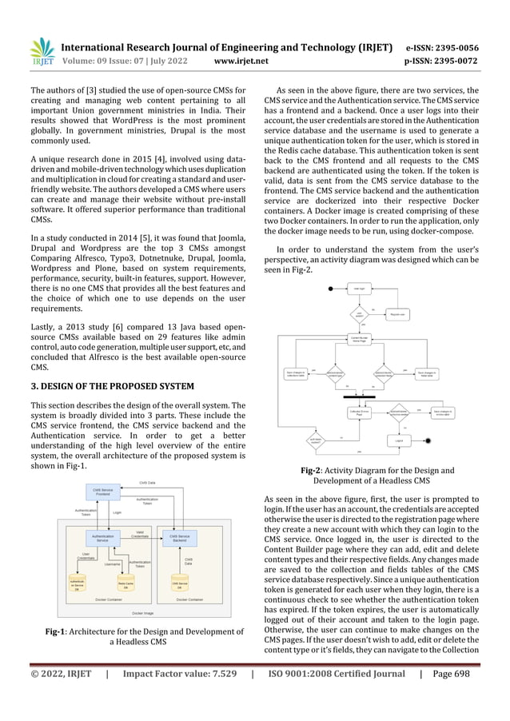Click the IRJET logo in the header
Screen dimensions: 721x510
pyautogui.click(x=42, y=50)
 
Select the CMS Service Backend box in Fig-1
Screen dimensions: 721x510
pyautogui.click(x=180, y=539)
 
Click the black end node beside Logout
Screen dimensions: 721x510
pyautogui.click(x=432, y=440)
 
